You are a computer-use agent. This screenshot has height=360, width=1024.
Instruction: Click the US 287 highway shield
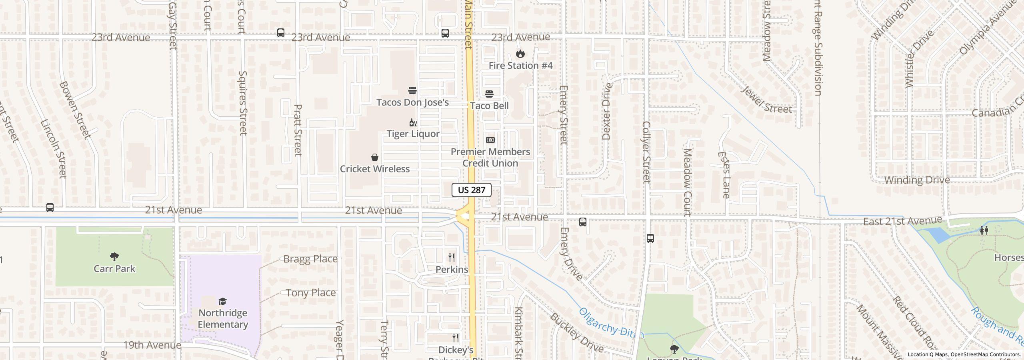tap(471, 190)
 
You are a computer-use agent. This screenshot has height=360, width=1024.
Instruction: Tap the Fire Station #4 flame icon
tap(520, 54)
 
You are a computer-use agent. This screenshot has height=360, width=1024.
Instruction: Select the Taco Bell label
tap(489, 106)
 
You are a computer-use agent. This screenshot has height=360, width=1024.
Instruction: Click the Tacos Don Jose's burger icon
tap(412, 90)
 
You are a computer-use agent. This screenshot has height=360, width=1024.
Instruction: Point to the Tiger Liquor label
tap(413, 134)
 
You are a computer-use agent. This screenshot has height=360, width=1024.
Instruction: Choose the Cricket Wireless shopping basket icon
tap(375, 157)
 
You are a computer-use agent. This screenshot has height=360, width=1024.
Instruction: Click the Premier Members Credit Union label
tap(490, 157)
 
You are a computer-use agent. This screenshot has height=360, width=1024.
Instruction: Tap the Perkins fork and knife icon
tap(452, 257)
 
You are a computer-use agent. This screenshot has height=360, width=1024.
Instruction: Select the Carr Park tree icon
tap(114, 256)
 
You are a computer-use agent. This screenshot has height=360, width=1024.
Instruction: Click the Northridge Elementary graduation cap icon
tap(222, 301)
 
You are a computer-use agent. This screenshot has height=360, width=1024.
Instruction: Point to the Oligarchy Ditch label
tap(611, 323)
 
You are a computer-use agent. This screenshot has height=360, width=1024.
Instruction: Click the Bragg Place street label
tap(310, 259)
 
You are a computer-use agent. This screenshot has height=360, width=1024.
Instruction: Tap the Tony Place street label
tap(311, 293)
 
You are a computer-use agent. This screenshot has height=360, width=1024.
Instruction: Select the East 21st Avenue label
tap(902, 221)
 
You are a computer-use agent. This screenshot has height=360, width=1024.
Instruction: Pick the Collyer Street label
tap(646, 152)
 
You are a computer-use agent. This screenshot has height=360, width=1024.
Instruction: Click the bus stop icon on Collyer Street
tap(650, 239)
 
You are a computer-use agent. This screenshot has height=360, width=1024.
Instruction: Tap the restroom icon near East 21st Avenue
tap(984, 230)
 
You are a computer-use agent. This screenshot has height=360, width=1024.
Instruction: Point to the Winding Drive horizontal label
tap(917, 180)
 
